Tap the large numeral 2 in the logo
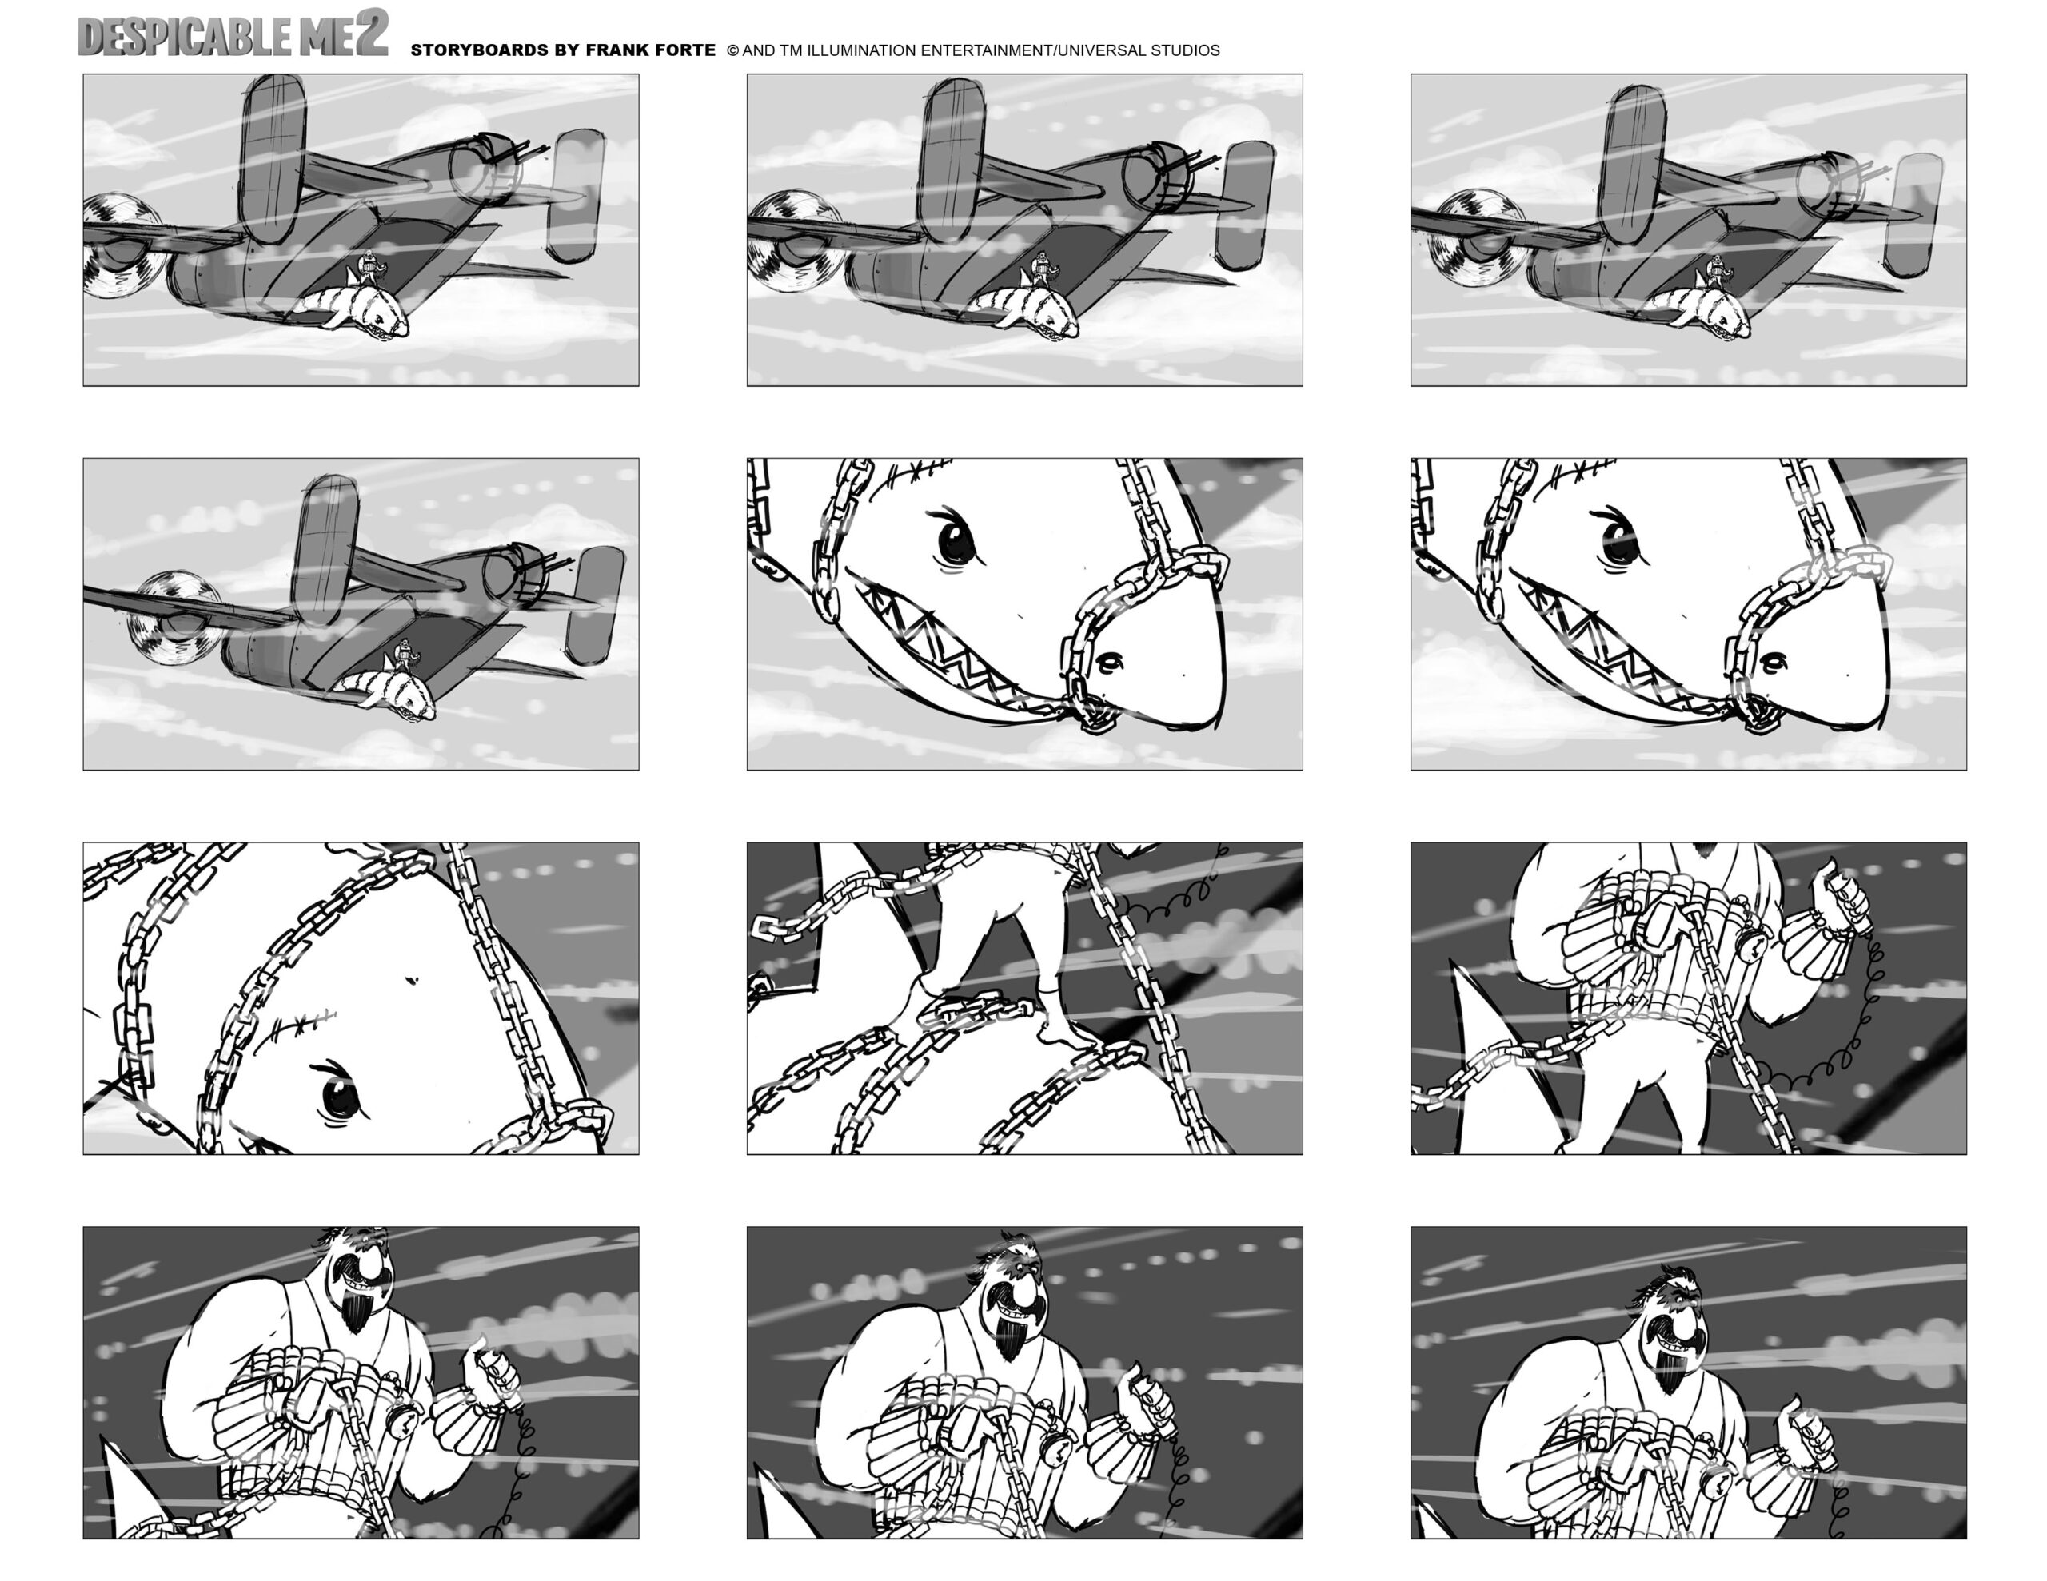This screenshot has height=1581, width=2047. pyautogui.click(x=371, y=33)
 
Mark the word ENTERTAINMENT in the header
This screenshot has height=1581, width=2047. pyautogui.click(x=986, y=50)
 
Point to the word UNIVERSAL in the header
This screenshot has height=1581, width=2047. pyautogui.click(x=1100, y=50)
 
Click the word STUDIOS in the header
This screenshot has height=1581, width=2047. pyautogui.click(x=1186, y=50)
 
